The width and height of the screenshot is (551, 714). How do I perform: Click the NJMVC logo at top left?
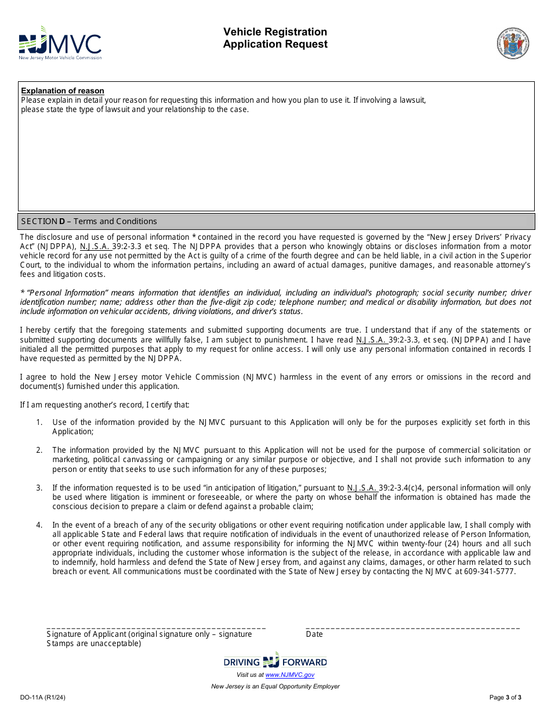click(60, 44)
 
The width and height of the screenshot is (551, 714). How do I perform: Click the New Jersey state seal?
click(513, 43)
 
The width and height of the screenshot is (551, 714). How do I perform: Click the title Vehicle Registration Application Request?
click(275, 38)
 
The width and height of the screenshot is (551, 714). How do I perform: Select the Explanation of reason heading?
click(63, 91)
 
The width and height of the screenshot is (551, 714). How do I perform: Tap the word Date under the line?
click(314, 634)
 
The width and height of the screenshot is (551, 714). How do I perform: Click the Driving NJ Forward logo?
click(275, 661)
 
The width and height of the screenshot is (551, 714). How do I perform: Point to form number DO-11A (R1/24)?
click(42, 697)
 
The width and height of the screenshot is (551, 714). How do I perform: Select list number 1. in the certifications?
click(39, 422)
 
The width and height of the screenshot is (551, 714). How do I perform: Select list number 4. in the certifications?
click(39, 525)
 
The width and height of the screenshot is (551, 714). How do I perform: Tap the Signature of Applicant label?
click(149, 634)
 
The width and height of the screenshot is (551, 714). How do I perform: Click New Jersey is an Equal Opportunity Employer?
click(275, 686)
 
